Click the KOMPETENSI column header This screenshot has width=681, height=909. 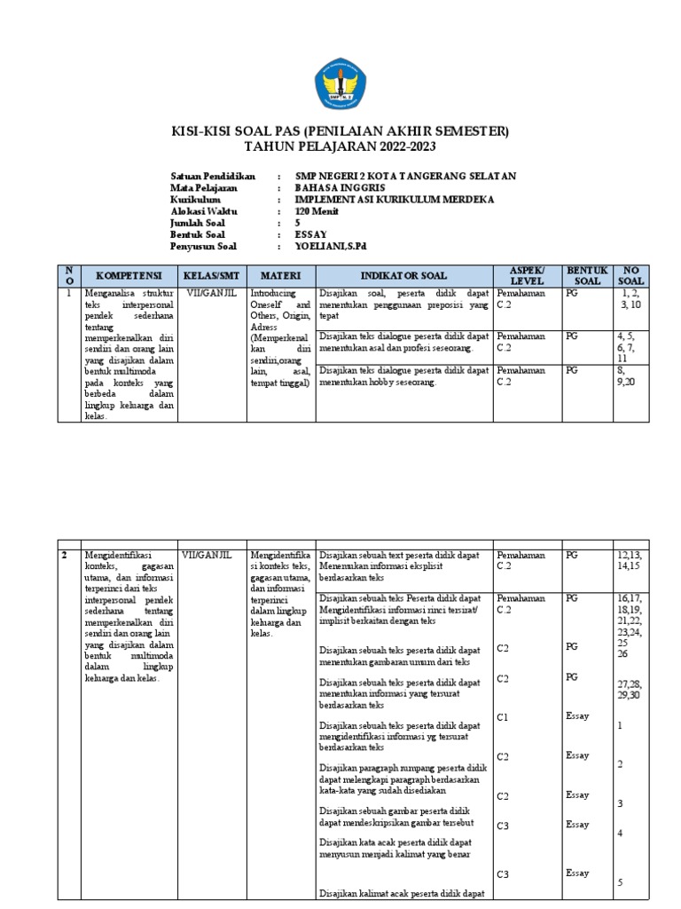coord(129,275)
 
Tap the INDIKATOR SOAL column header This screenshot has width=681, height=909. coord(403,275)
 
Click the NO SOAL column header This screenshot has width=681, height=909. coord(633,275)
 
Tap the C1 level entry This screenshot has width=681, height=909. coord(503,716)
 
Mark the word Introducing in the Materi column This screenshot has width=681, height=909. coord(276,292)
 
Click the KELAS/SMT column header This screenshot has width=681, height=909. coord(212,275)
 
